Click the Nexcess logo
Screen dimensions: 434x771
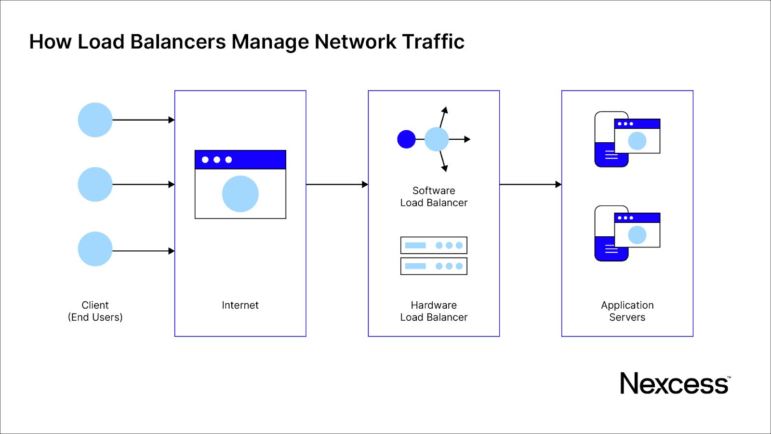[675, 384]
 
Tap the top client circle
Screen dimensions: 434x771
[95, 120]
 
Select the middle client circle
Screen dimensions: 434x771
[95, 184]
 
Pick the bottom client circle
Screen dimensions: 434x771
[95, 249]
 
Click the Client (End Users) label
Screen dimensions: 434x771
[95, 311]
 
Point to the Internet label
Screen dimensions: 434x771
[240, 305]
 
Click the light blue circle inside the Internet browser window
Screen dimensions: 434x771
[240, 194]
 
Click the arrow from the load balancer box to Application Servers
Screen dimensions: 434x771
[530, 184]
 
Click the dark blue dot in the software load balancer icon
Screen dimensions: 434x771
[406, 139]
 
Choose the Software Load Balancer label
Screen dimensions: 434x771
[434, 197]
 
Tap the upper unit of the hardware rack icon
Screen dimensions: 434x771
[434, 245]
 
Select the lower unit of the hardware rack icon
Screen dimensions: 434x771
[434, 266]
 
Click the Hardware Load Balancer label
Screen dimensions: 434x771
[434, 311]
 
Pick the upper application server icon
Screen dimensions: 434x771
[626, 139]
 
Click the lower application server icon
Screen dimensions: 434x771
[626, 233]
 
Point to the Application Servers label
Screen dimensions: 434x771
[627, 311]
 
